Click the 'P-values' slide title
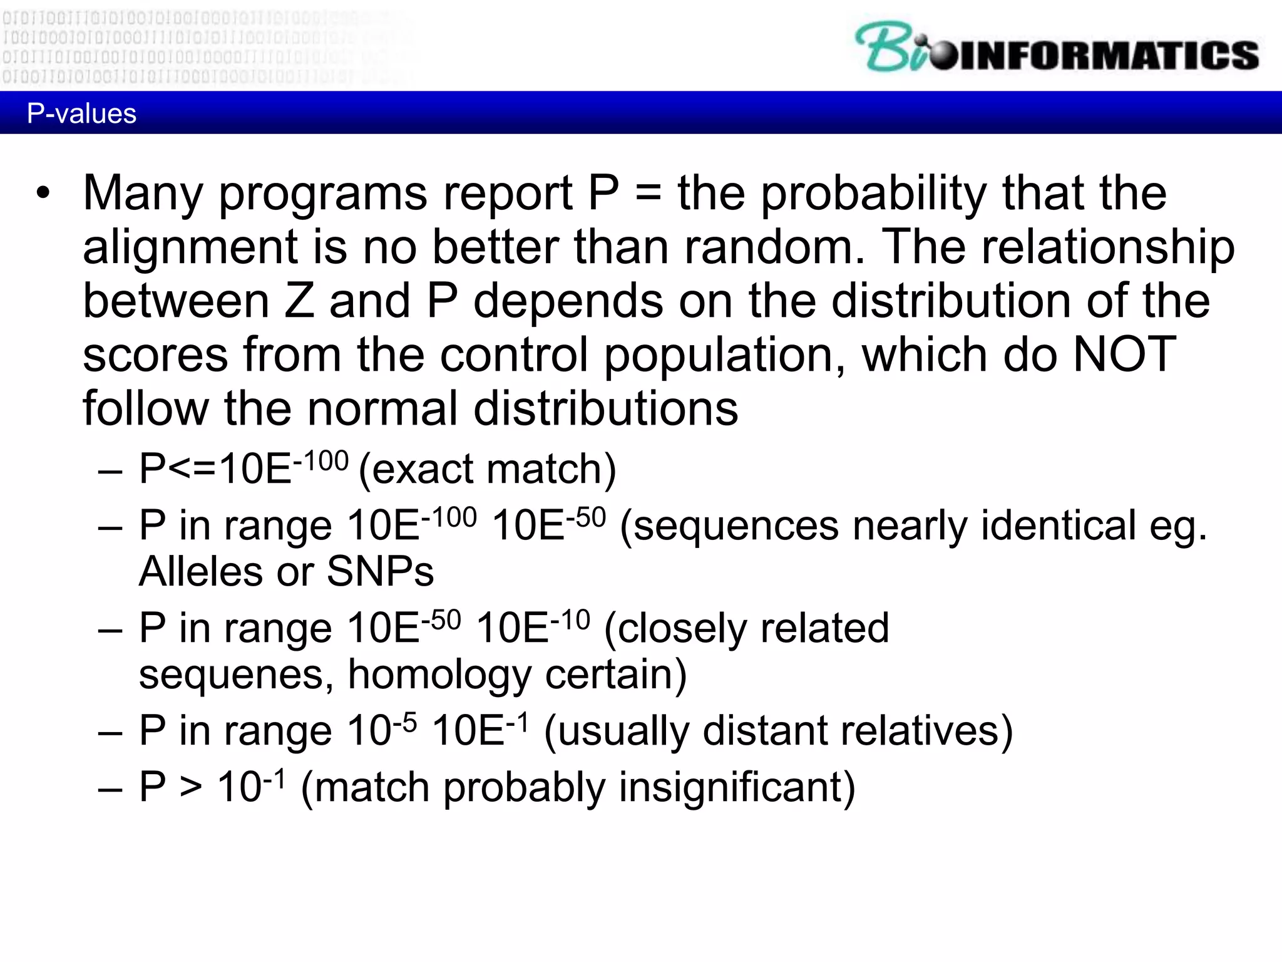[81, 114]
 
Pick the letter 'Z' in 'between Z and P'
[299, 301]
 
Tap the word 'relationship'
[1108, 247]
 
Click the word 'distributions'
[606, 408]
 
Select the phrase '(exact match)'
[487, 468]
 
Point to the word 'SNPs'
[380, 571]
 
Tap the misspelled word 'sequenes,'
[236, 675]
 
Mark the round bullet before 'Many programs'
[43, 193]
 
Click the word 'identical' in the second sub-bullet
[1058, 525]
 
